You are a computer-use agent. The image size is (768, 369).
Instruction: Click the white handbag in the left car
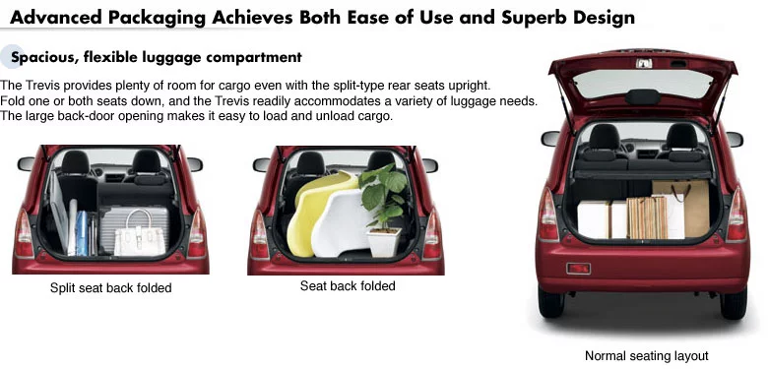coord(139,235)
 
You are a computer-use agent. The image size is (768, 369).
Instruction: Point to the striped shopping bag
coord(647,217)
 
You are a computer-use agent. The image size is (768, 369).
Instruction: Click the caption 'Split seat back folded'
coord(110,287)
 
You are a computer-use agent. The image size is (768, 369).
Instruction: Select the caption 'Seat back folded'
coord(348,285)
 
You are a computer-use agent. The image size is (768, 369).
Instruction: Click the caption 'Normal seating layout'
coord(647,356)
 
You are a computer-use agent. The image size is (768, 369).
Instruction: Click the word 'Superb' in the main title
coord(531,17)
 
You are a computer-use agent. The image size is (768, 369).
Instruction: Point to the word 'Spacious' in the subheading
coord(42,57)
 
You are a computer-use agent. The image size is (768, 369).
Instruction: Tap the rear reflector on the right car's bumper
coord(578,269)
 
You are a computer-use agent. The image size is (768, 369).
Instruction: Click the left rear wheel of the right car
coord(551,301)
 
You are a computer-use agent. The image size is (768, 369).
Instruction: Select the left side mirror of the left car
coord(26,163)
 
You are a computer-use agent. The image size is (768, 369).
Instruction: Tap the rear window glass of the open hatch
coord(643,84)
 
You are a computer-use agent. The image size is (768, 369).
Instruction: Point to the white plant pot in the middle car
coord(384,242)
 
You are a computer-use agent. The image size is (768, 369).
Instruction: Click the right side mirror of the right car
coord(735,139)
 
